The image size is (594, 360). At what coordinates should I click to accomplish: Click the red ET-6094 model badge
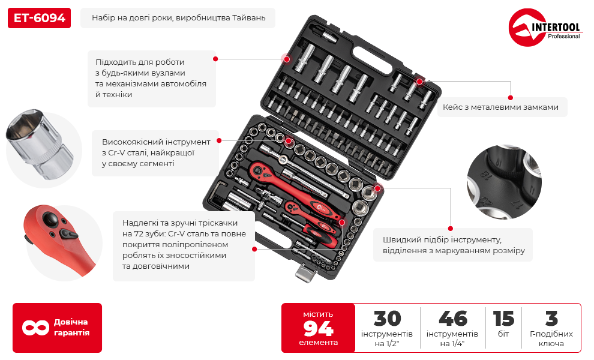(39, 18)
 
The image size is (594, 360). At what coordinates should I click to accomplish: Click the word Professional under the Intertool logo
(563, 37)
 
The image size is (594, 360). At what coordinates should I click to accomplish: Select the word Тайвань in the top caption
(248, 18)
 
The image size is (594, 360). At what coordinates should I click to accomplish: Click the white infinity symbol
(35, 328)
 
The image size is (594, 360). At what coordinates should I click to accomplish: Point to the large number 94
(318, 328)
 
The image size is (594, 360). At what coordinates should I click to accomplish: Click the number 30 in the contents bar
(387, 319)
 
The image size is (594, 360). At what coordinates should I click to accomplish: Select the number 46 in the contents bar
(452, 319)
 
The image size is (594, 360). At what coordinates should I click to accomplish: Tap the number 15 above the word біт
(503, 319)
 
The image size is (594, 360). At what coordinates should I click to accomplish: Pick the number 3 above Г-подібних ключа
(551, 319)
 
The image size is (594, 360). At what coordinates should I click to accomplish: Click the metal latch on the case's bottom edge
(305, 272)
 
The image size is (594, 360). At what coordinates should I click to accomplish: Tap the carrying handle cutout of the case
(373, 60)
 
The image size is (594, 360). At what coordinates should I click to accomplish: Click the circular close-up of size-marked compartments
(504, 182)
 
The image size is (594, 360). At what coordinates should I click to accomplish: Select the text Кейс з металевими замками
(500, 107)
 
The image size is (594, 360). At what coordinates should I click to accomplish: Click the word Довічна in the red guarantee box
(71, 322)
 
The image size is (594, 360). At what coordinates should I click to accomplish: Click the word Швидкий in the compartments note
(401, 240)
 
